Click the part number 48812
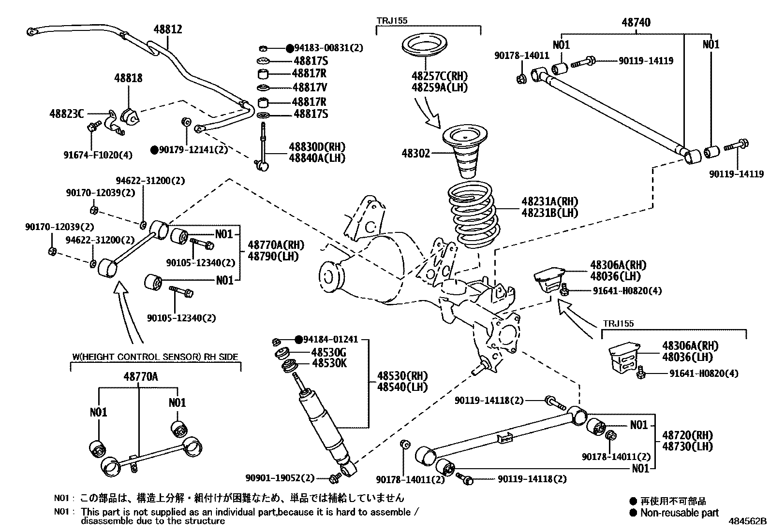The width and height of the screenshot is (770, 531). click(x=168, y=29)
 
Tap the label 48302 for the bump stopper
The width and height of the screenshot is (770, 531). click(x=415, y=154)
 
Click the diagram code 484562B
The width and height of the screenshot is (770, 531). click(x=748, y=521)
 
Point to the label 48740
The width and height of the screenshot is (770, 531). click(x=636, y=22)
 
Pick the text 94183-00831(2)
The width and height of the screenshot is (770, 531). click(x=329, y=48)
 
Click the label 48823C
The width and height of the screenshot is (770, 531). click(x=66, y=114)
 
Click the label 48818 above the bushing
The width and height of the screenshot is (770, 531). click(x=128, y=78)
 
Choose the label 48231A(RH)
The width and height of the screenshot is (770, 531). click(x=549, y=201)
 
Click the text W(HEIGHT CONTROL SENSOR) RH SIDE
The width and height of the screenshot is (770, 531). click(x=155, y=357)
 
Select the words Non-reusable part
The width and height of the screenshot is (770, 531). click(x=679, y=513)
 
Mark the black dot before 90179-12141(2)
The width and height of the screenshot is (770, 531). click(x=154, y=150)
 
